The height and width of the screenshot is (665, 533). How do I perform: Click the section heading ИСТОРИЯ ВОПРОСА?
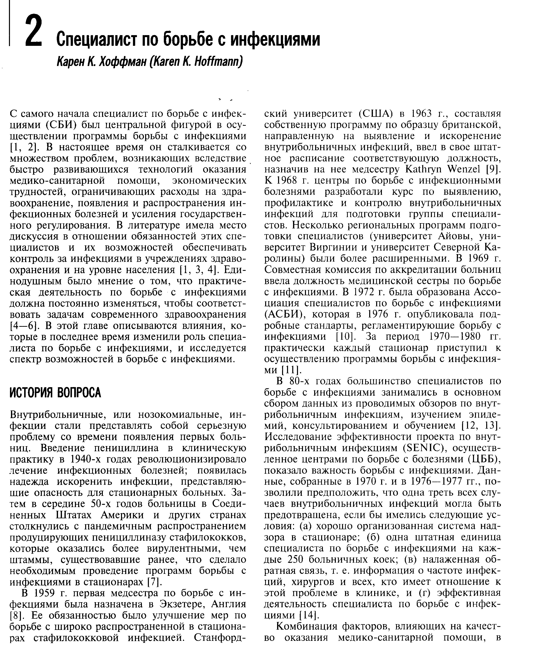click(x=55, y=393)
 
